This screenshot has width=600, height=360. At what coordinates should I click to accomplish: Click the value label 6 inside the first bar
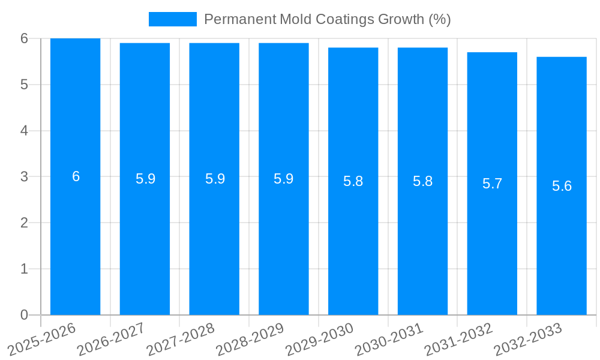[x=76, y=176]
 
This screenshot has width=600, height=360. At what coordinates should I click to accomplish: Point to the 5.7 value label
[x=492, y=184]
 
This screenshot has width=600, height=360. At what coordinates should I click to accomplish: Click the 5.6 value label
[x=562, y=186]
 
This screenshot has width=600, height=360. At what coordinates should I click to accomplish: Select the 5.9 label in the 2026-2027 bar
[x=145, y=179]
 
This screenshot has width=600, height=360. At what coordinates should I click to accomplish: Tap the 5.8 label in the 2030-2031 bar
[x=422, y=181]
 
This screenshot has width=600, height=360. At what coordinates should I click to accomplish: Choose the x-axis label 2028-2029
[x=251, y=339]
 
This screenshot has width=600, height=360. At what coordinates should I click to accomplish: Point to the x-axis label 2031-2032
[x=460, y=339]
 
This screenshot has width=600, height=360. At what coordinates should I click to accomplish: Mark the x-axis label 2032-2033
[x=529, y=339]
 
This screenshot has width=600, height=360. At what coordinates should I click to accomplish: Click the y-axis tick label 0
[x=24, y=315]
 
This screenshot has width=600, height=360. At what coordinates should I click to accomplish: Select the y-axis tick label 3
[x=24, y=177]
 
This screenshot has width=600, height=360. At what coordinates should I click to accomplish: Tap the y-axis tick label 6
[x=24, y=38]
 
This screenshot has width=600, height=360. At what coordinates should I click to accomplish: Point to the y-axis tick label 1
[x=24, y=269]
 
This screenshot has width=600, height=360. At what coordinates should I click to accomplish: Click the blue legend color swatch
[x=172, y=19]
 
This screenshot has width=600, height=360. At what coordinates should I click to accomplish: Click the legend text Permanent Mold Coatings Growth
[x=327, y=19]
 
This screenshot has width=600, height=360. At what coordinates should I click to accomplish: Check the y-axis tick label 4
[x=24, y=131]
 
